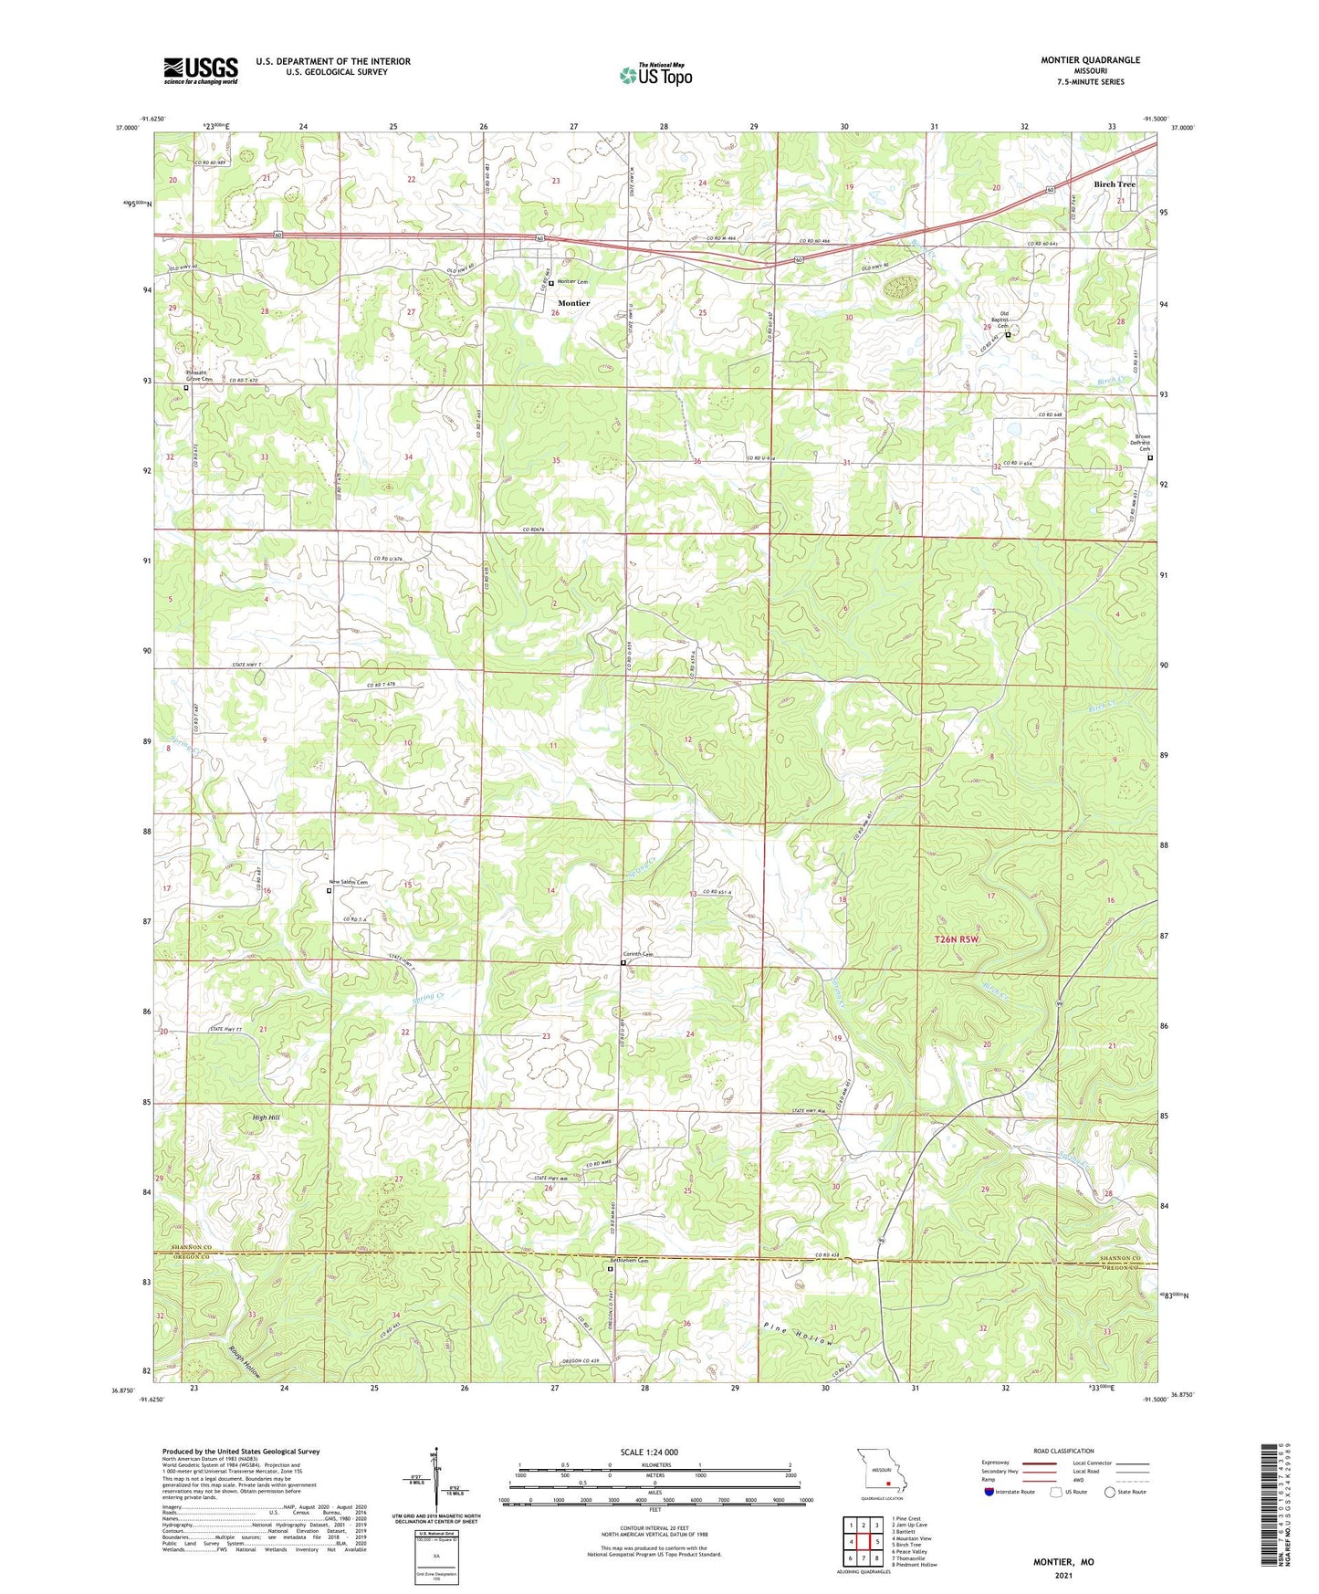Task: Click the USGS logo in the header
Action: click(201, 69)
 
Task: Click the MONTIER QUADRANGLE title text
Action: click(1090, 60)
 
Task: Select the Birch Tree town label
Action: click(1114, 184)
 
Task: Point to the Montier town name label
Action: click(573, 303)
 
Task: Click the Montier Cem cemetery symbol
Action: click(551, 283)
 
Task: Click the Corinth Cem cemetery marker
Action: click(623, 962)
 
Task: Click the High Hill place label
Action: click(267, 1117)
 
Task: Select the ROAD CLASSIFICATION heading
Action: click(1063, 1451)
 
